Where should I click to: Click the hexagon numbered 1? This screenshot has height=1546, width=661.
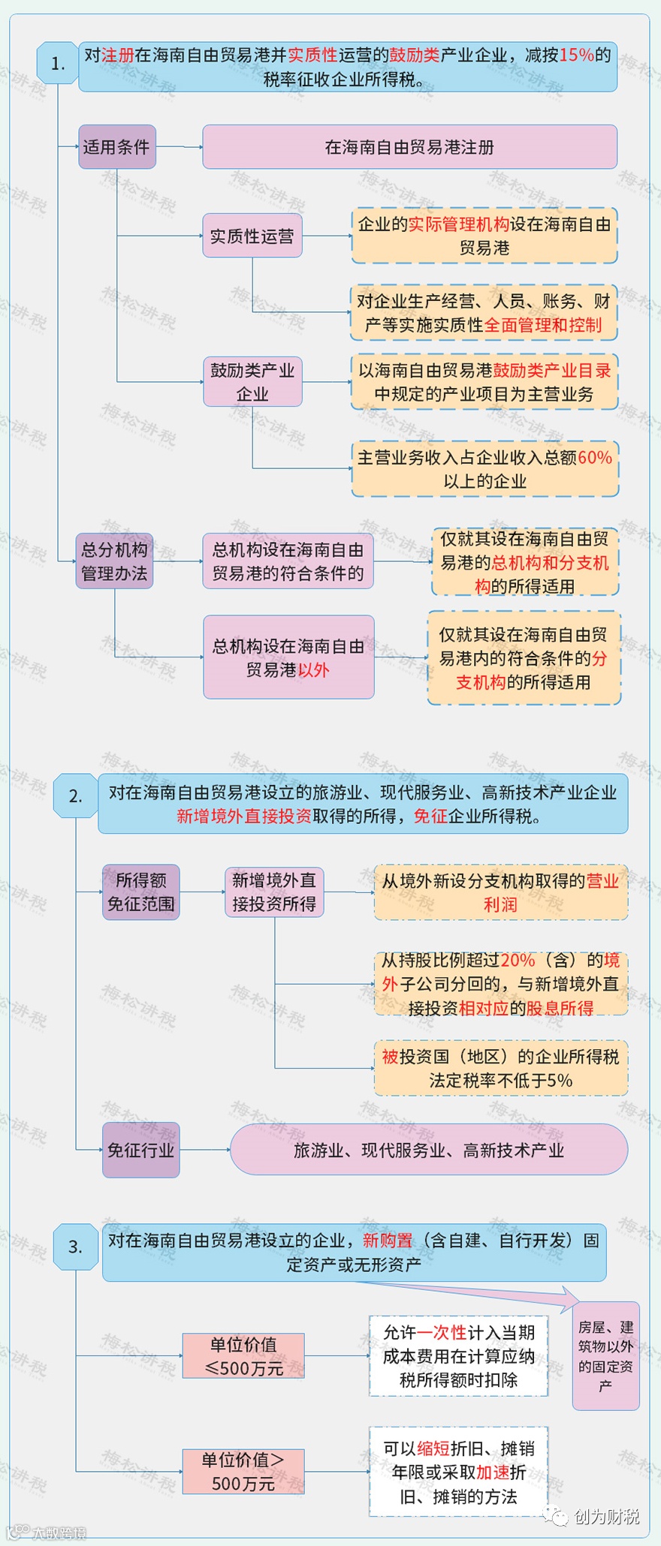(58, 63)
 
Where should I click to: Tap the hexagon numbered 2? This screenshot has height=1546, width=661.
(75, 796)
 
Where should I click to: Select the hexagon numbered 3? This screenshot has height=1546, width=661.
(75, 1247)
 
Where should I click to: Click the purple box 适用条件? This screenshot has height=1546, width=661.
(117, 146)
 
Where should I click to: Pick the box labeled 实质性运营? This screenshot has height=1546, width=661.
(252, 236)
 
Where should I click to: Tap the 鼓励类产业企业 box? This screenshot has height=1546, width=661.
(252, 381)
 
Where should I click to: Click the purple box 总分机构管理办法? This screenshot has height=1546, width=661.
(114, 561)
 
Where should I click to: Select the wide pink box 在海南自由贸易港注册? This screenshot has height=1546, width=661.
(409, 147)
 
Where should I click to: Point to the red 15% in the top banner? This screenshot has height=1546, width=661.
(576, 55)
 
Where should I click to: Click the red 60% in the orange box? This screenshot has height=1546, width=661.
(595, 457)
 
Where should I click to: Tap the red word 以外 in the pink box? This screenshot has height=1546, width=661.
(313, 669)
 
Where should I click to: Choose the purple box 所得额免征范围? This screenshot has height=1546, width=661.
(140, 892)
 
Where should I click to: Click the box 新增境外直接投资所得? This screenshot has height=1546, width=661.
(274, 892)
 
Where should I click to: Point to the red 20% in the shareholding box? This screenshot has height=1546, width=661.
(518, 960)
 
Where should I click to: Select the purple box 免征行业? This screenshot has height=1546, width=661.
(140, 1150)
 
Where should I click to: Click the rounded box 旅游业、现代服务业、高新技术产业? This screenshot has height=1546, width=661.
(428, 1150)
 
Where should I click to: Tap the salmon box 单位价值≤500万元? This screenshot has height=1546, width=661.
(243, 1355)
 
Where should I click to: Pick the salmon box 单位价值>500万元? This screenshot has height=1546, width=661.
(243, 1471)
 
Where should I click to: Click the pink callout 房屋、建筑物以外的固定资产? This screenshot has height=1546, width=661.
(605, 1355)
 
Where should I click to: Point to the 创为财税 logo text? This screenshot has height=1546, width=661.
(606, 1517)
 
